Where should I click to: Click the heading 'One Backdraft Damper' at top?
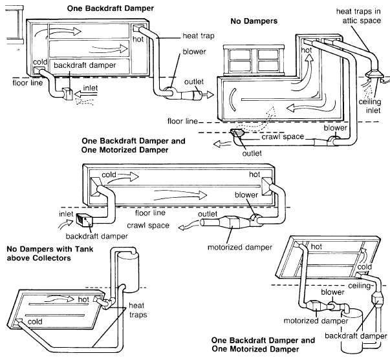[110, 8]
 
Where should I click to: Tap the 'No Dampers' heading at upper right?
[254, 21]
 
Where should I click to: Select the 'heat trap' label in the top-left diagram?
[198, 36]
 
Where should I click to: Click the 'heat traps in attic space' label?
[358, 16]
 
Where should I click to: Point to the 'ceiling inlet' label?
[370, 106]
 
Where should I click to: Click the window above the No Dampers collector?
[254, 60]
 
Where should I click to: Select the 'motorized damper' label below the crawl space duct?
[240, 248]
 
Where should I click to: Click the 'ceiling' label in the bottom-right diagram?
[359, 286]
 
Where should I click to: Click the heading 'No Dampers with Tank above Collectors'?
[50, 253]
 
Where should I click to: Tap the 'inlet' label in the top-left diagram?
[91, 88]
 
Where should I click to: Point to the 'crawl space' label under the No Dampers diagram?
[283, 137]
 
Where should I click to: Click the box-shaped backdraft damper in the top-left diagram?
[67, 94]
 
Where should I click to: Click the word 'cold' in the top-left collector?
[40, 62]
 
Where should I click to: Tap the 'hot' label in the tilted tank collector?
[83, 299]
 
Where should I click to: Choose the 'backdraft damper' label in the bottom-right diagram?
[356, 336]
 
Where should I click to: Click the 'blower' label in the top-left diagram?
[194, 52]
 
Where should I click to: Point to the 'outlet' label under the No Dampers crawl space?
[252, 153]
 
